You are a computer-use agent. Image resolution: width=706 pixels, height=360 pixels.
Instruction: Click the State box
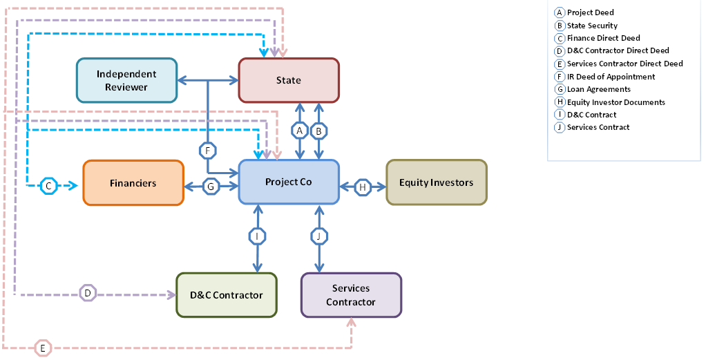(289, 80)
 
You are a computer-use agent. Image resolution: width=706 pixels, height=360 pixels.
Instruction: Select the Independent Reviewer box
(126, 80)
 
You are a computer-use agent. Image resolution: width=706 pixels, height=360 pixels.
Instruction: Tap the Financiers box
(133, 182)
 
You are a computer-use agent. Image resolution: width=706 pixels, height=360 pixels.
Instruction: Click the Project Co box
(289, 182)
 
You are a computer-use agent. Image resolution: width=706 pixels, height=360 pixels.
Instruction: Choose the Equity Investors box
(436, 182)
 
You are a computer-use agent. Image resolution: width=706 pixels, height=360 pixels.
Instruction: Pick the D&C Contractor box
(226, 295)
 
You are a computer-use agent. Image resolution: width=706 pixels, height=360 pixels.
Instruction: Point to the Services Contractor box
(351, 295)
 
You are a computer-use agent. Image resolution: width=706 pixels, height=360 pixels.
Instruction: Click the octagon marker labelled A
(299, 130)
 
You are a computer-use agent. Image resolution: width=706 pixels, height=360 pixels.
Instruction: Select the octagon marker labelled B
(319, 130)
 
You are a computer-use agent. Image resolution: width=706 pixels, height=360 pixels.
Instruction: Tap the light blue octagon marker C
(48, 185)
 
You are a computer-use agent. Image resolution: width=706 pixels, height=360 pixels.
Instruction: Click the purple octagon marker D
(87, 294)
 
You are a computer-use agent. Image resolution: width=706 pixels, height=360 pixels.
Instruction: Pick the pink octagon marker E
(43, 348)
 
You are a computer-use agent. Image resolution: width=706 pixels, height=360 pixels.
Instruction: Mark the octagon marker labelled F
(207, 150)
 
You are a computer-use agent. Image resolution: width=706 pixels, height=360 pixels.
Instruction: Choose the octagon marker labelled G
(211, 186)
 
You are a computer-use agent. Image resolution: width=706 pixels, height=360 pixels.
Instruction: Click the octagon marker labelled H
(363, 186)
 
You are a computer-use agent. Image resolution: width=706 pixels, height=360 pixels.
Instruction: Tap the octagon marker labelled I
(257, 236)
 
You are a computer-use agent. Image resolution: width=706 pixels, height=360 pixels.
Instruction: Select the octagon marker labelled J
(318, 236)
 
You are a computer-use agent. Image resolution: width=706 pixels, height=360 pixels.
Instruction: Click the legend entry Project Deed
(590, 12)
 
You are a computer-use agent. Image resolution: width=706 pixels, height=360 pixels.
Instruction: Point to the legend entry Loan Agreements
(598, 89)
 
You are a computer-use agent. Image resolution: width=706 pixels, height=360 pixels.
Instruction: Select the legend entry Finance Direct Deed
(603, 38)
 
